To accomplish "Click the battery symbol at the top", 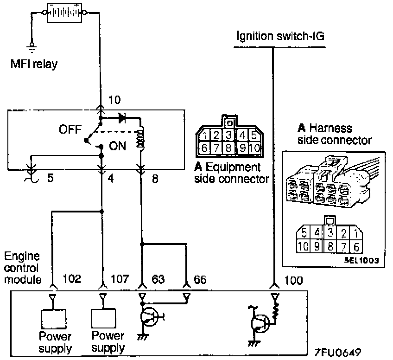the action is point(64,13).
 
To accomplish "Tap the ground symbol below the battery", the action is point(32,48).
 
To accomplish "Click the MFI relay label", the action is point(34,64).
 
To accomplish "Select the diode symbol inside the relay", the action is point(122,118).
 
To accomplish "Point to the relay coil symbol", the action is point(140,138).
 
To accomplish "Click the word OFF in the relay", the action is point(70,129).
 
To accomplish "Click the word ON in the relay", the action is point(117,146).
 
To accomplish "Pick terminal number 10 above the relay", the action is point(114,100).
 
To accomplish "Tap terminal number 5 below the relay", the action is point(51,178).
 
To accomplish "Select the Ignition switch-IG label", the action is point(280,36).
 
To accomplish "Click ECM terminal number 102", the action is point(72,279).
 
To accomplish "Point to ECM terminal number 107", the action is point(120,279).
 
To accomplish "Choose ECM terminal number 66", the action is point(200,279).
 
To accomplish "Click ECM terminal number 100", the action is point(293,280).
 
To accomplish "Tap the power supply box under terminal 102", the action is point(54,319).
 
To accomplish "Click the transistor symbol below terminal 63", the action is point(150,317).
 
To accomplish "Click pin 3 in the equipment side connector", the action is point(228,135).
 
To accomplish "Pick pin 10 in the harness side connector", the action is point(303,246).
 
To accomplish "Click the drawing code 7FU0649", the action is point(337,352).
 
